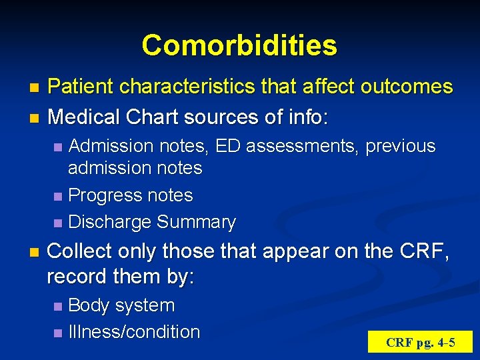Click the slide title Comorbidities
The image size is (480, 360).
239,45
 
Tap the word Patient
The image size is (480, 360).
81,87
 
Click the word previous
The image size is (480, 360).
399,147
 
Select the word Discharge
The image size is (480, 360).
110,222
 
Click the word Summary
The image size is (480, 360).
196,222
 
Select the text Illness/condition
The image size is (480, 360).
134,332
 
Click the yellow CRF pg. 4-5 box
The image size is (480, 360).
420,343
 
